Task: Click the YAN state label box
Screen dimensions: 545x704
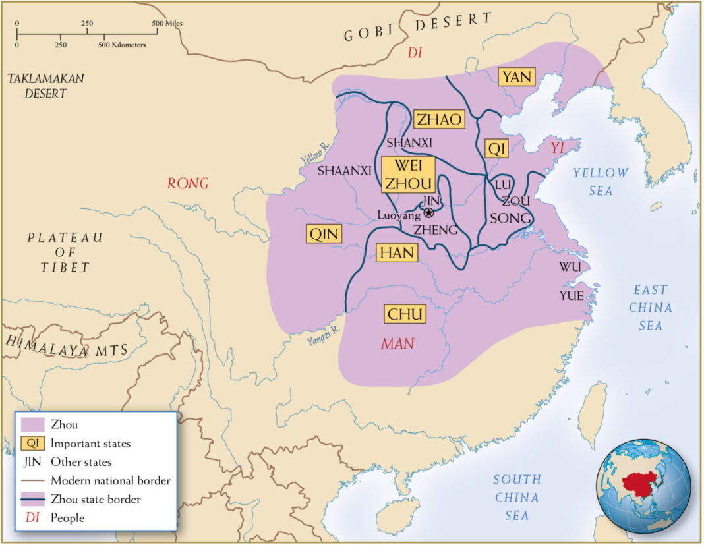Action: pos(516,77)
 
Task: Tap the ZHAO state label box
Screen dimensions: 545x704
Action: pos(438,119)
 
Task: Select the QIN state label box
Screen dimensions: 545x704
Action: pos(324,234)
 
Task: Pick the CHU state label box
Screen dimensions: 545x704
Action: pos(405,314)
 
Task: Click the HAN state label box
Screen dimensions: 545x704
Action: pos(397,252)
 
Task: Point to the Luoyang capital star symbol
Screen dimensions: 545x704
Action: pos(429,213)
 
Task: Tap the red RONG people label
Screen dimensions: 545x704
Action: pos(187,184)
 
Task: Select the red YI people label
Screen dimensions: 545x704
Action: pos(558,148)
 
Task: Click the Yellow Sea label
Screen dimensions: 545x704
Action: pos(600,182)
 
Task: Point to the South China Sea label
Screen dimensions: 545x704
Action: pos(517,497)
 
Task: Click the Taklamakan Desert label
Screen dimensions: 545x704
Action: pos(45,86)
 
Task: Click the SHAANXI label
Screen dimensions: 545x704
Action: pos(344,171)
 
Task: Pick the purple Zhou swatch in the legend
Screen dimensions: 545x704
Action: pos(32,425)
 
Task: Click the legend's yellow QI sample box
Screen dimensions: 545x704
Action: pos(32,444)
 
